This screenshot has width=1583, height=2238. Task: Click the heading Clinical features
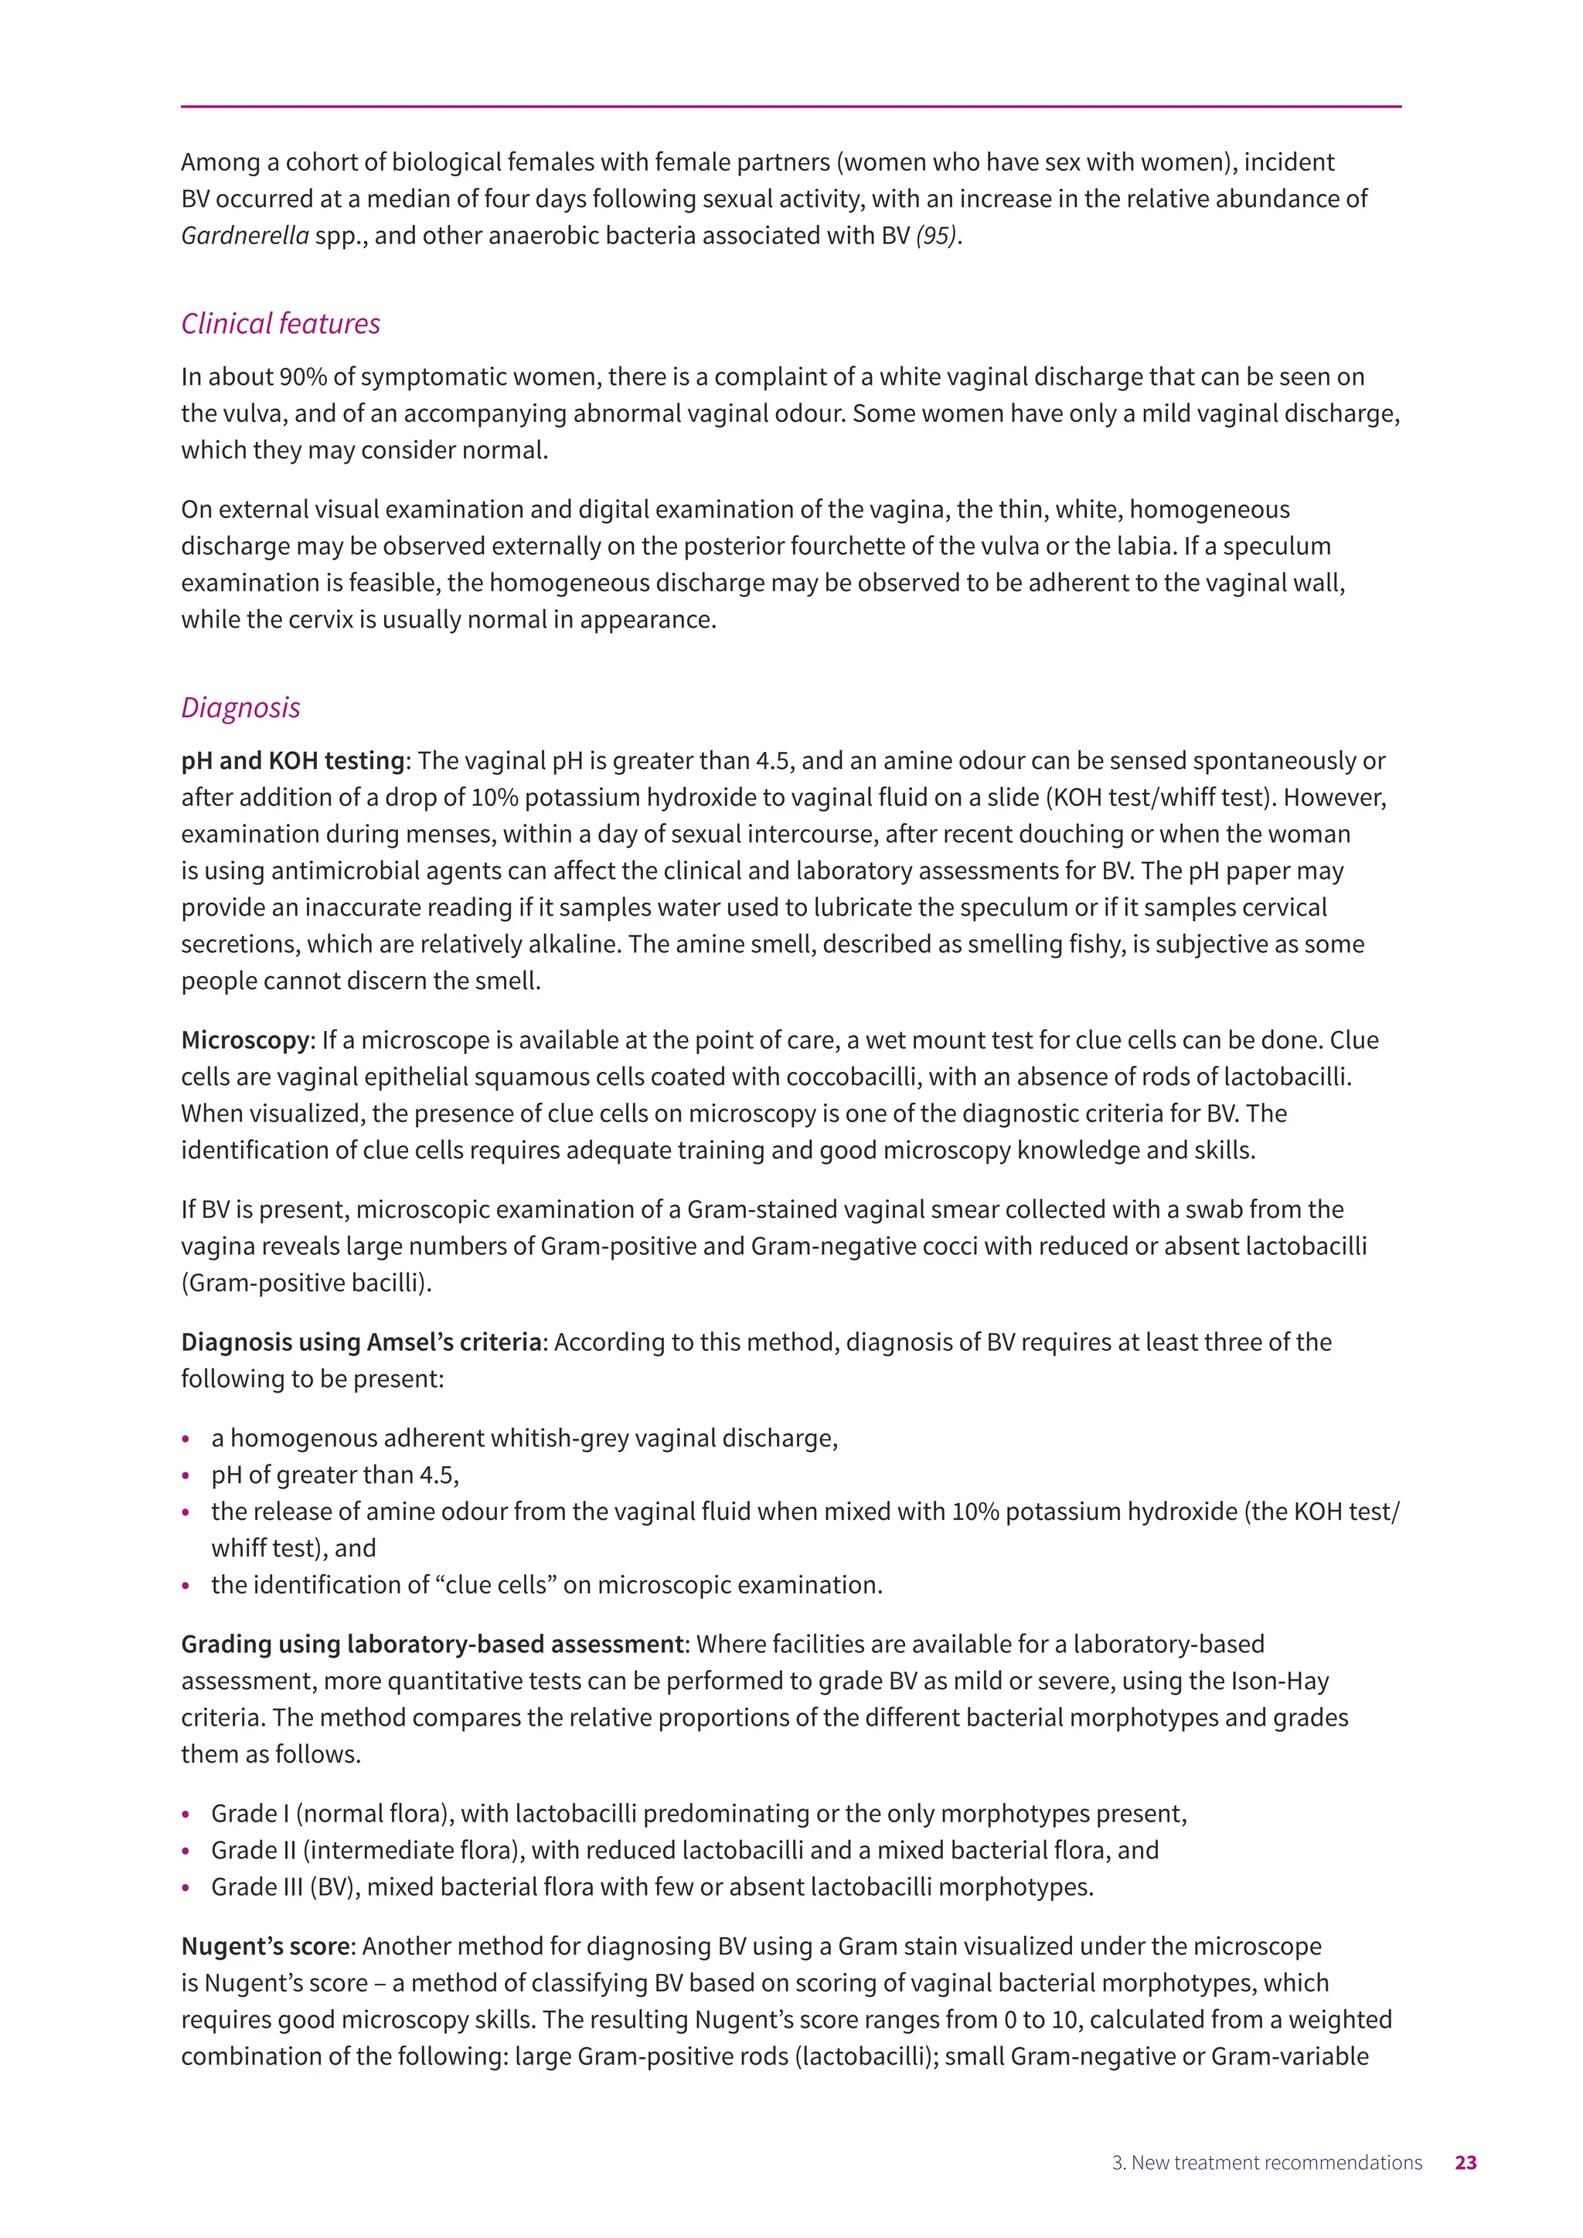point(281,324)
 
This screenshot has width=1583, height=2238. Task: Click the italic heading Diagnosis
point(240,708)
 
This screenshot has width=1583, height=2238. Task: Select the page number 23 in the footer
point(1465,2163)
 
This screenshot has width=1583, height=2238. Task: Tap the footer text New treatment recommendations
point(1276,2163)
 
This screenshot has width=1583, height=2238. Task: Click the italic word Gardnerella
point(245,236)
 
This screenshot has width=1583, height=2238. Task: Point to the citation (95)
point(936,236)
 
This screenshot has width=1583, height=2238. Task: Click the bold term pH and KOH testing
point(292,760)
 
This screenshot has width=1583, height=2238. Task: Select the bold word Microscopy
point(245,1040)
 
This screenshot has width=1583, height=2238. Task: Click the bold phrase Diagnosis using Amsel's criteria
point(361,1342)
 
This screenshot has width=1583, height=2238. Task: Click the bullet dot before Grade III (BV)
point(186,1888)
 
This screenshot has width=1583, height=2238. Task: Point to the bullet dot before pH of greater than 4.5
point(186,1476)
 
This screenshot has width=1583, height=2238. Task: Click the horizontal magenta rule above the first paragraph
point(791,106)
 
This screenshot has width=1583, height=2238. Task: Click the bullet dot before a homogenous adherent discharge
point(186,1440)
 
